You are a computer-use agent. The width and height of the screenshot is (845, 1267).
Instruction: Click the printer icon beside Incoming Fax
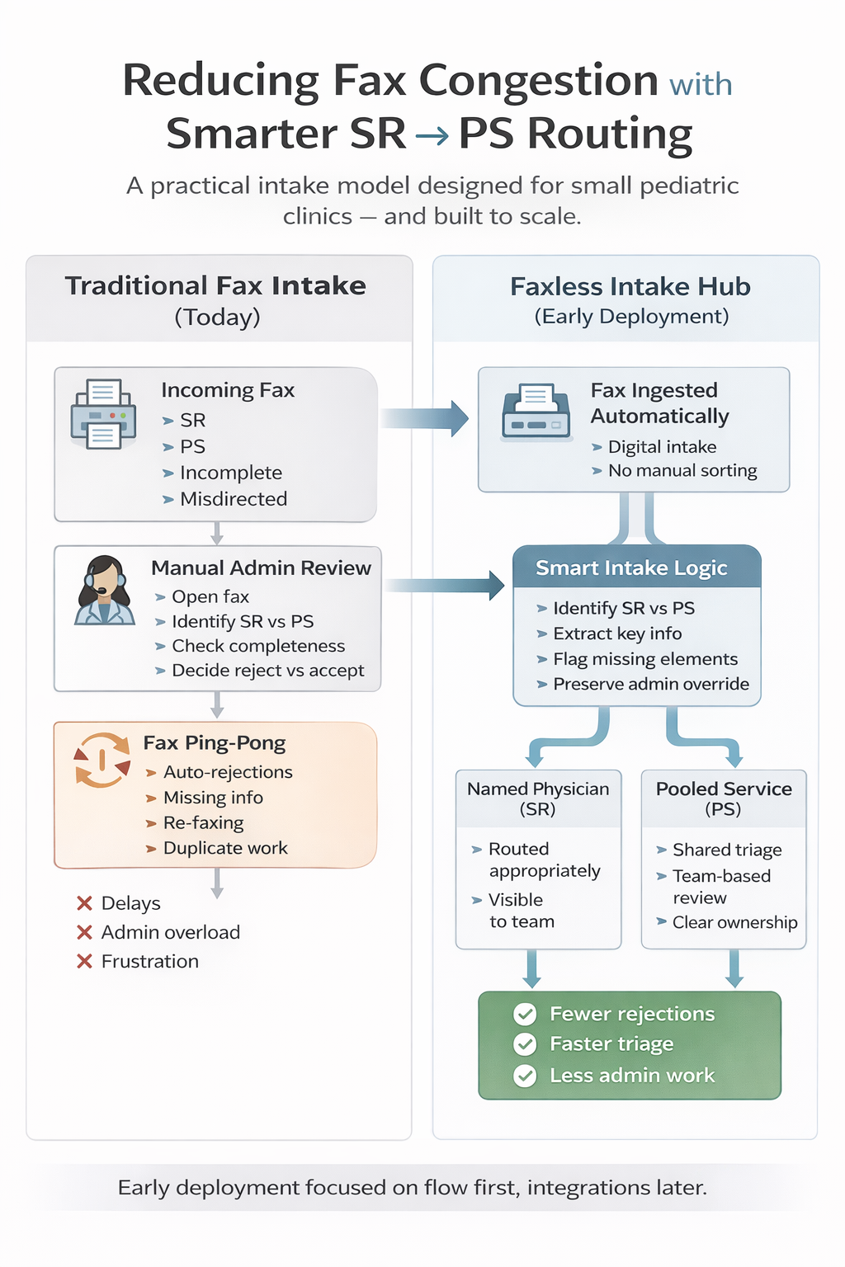pyautogui.click(x=103, y=414)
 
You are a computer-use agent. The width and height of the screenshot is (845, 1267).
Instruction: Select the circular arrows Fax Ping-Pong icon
pyautogui.click(x=102, y=759)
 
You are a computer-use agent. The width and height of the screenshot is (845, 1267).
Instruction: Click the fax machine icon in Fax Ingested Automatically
pyautogui.click(x=536, y=411)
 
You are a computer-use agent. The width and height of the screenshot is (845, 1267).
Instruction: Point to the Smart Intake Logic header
pyautogui.click(x=631, y=568)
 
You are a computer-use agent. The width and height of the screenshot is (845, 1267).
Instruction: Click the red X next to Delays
pyautogui.click(x=84, y=903)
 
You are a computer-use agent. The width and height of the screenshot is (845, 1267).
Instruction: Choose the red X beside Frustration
pyautogui.click(x=84, y=961)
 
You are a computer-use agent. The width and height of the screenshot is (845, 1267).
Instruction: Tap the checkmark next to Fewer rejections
pyautogui.click(x=525, y=1014)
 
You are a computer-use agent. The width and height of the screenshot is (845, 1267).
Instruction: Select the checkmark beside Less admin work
pyautogui.click(x=525, y=1076)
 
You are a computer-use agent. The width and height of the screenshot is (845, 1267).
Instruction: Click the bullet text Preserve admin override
pyautogui.click(x=650, y=684)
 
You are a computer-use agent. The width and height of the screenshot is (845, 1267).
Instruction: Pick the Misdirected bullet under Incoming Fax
pyautogui.click(x=233, y=499)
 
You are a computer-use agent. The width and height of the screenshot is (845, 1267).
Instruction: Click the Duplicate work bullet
pyautogui.click(x=224, y=848)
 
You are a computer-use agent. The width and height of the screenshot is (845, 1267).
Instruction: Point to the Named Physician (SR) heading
pyautogui.click(x=538, y=798)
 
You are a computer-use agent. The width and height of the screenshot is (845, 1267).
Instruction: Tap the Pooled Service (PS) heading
pyautogui.click(x=724, y=798)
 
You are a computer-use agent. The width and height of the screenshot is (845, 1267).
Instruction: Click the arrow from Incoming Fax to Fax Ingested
pyautogui.click(x=425, y=418)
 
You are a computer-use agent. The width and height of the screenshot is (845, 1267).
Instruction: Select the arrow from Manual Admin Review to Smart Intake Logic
pyautogui.click(x=446, y=586)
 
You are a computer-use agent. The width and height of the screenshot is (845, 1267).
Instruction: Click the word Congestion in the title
pyautogui.click(x=538, y=81)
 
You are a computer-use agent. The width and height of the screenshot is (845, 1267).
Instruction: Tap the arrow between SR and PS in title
pyautogui.click(x=432, y=135)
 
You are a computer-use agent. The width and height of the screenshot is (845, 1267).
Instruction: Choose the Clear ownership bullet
pyautogui.click(x=734, y=922)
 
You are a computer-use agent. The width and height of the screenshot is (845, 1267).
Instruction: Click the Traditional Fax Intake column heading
pyautogui.click(x=216, y=286)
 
